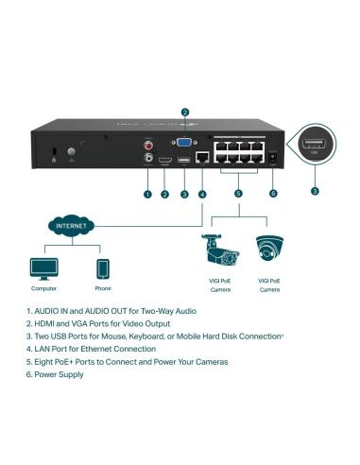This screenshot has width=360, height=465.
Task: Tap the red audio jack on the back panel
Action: coord(147,145)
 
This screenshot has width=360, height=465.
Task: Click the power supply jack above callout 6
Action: coord(273,158)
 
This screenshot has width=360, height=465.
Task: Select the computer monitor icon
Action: coord(43,267)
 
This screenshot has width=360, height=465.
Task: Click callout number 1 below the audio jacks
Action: coord(146,195)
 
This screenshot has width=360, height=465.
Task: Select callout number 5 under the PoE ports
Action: coord(238,195)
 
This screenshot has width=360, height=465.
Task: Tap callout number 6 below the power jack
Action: coord(273,195)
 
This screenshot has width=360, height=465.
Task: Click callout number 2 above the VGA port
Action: coord(185,112)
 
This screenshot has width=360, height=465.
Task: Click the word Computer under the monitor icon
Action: coord(43,289)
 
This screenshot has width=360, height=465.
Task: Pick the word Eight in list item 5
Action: coord(47,362)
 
